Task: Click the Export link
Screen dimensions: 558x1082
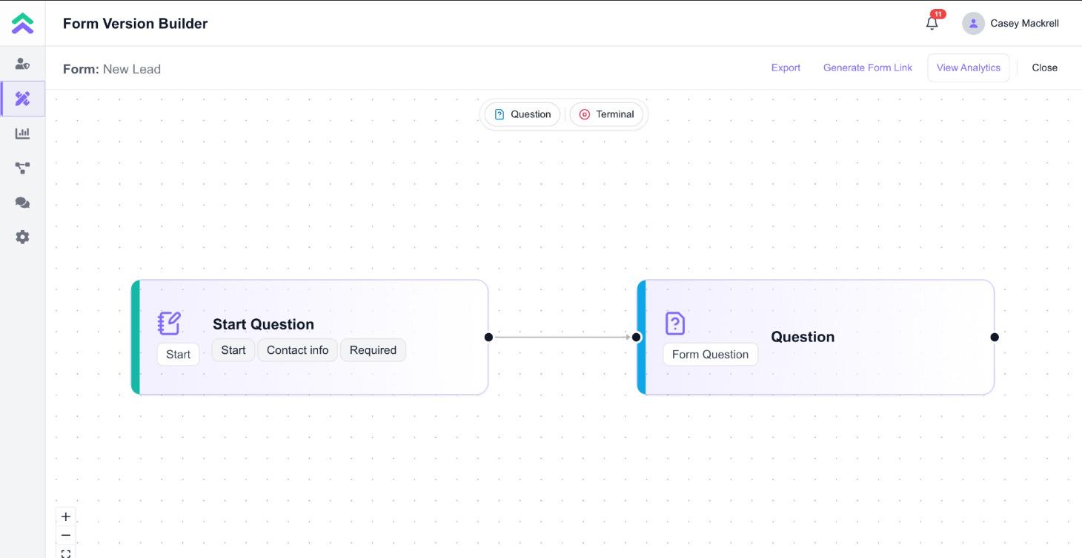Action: click(786, 68)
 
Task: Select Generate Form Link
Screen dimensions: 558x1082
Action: click(867, 68)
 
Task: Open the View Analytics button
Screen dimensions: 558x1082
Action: click(968, 68)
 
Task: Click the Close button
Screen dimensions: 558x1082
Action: click(1044, 68)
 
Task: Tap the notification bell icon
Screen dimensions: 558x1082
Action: click(932, 23)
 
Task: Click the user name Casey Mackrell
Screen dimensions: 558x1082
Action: click(1024, 23)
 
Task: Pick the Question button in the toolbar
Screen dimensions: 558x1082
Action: click(522, 114)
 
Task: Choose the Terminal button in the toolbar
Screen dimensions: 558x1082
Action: click(606, 114)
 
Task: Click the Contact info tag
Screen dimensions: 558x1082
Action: click(297, 350)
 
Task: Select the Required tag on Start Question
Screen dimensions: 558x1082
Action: click(373, 350)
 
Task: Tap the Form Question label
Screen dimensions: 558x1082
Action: click(710, 355)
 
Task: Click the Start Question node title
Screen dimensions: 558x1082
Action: click(263, 324)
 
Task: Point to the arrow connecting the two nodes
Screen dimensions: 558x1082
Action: click(562, 337)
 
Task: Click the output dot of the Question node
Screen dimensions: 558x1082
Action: click(995, 337)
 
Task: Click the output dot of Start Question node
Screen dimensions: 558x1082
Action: click(488, 337)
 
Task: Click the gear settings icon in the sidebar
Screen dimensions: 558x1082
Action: click(22, 237)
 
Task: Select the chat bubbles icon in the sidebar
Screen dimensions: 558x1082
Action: click(22, 203)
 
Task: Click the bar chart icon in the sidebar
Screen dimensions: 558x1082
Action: click(22, 134)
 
